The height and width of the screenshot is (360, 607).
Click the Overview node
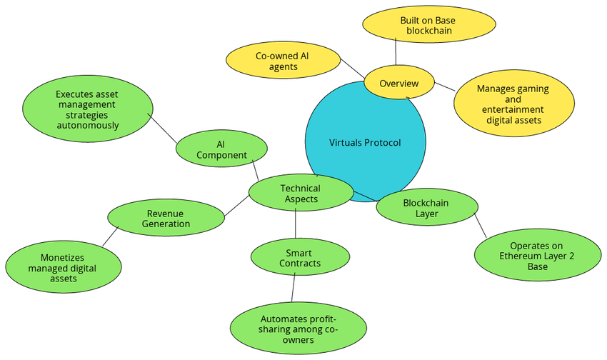tap(399, 84)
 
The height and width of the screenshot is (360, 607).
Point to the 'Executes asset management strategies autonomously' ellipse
tap(88, 109)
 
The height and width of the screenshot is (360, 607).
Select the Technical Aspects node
tap(301, 193)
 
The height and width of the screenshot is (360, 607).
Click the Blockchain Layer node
tap(426, 207)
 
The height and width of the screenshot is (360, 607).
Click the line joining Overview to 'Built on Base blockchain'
tap(396, 53)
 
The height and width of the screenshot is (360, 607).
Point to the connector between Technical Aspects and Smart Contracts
tap(296, 225)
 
